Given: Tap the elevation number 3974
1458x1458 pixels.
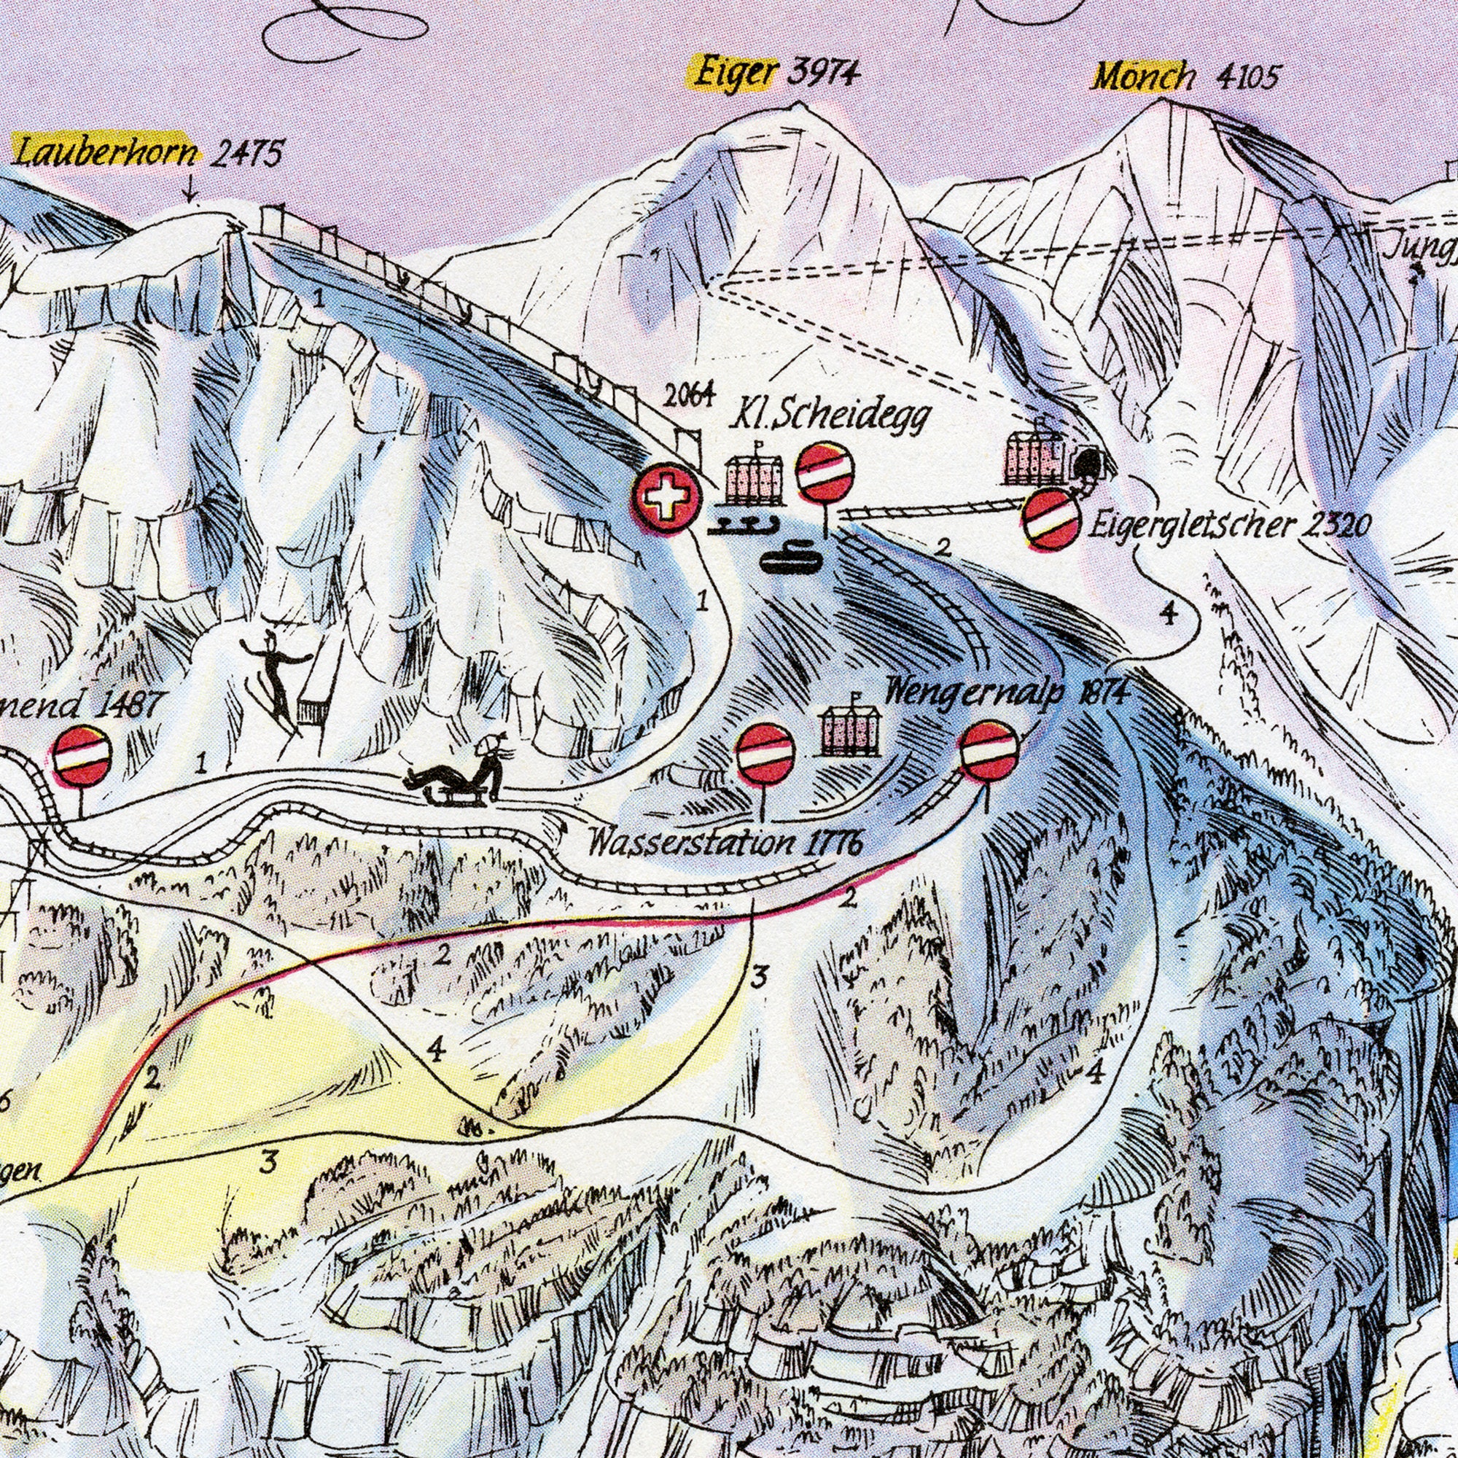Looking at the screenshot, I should click(824, 74).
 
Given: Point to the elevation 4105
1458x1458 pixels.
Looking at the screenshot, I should click(1247, 77).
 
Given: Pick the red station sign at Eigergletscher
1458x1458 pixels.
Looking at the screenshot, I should click(1051, 519).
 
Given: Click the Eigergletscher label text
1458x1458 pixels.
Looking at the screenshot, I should click(1193, 523).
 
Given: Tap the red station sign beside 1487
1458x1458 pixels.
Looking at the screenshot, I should click(82, 756).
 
